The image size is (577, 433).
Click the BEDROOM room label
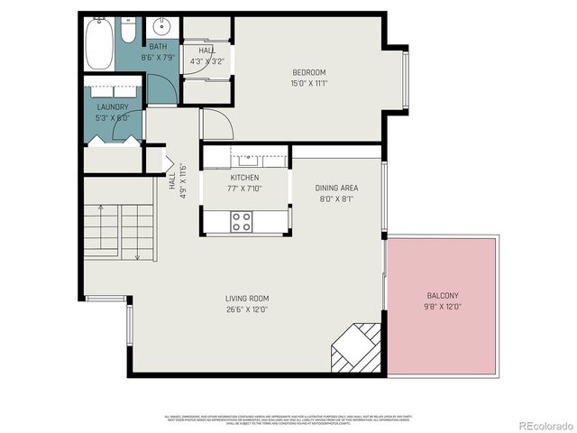(308, 72)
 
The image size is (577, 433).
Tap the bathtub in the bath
(99, 40)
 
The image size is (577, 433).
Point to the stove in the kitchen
(241, 221)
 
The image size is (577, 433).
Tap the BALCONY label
(443, 296)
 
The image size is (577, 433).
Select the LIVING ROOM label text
(247, 299)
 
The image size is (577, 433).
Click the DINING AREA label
(337, 188)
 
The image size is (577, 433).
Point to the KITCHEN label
(244, 178)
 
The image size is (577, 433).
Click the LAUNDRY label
(113, 107)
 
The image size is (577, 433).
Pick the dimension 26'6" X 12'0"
(247, 309)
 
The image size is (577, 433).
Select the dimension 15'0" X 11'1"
(308, 83)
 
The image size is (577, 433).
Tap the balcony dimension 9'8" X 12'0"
(443, 307)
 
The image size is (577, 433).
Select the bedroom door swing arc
(216, 124)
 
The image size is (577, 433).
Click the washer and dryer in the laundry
(113, 91)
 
